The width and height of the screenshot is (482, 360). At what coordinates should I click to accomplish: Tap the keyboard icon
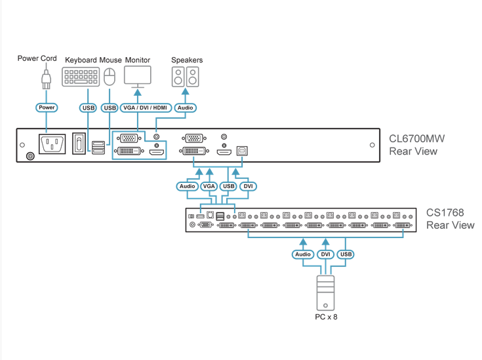81,77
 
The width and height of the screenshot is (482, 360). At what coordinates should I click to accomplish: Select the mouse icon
110,77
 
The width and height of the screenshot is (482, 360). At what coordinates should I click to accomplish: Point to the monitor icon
138,77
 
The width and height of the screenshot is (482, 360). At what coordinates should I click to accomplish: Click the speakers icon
186,77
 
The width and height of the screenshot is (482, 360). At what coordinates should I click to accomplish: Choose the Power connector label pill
47,108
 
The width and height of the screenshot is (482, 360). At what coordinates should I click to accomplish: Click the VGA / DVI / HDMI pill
145,108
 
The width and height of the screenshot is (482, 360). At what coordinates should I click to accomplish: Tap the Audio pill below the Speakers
186,108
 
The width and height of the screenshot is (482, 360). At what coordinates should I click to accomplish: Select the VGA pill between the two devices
209,186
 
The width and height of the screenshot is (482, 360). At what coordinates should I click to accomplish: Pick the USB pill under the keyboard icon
89,108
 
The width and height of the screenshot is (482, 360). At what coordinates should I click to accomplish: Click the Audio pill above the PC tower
303,254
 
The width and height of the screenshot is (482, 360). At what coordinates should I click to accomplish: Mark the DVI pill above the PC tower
325,254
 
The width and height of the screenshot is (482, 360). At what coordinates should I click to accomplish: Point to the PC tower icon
325,292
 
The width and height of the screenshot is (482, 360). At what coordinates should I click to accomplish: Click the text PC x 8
325,317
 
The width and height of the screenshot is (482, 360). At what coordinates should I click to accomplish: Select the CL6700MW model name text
416,139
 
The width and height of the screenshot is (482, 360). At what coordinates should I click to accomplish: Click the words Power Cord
37,59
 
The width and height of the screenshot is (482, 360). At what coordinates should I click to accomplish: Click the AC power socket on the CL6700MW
53,144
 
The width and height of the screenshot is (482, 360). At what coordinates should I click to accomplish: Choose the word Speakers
187,60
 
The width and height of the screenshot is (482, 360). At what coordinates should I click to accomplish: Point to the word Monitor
138,60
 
